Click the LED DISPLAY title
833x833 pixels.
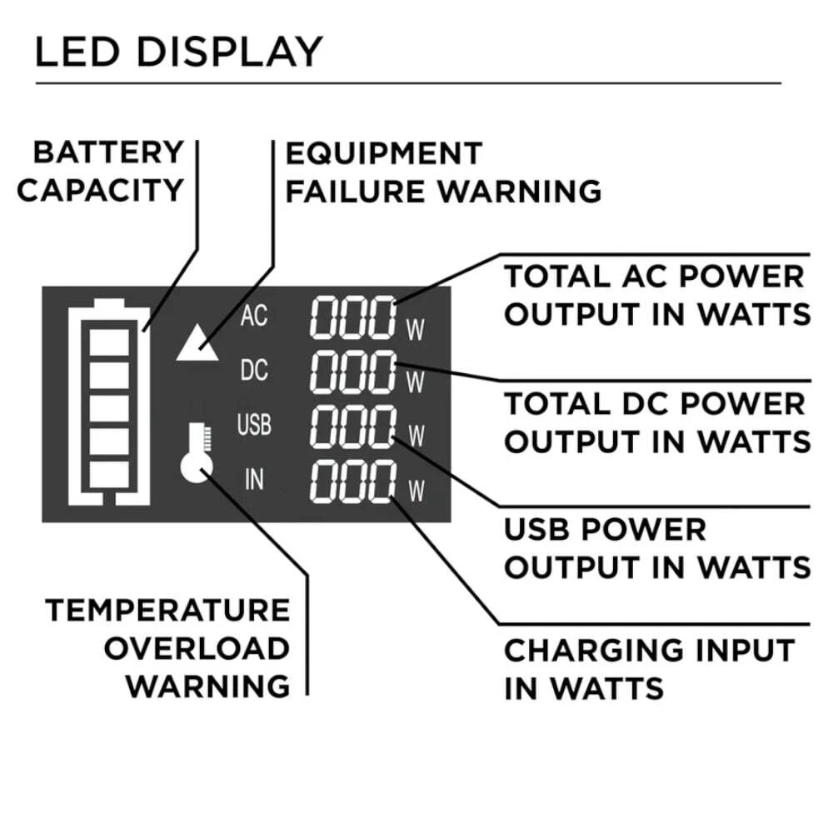(177, 52)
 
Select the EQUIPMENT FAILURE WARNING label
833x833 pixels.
(442, 172)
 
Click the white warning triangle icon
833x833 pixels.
(197, 342)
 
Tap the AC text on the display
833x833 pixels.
(253, 317)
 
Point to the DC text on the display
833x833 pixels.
(253, 370)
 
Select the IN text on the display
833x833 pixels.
(253, 480)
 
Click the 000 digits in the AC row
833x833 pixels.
(353, 317)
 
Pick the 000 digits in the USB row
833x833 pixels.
(353, 428)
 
